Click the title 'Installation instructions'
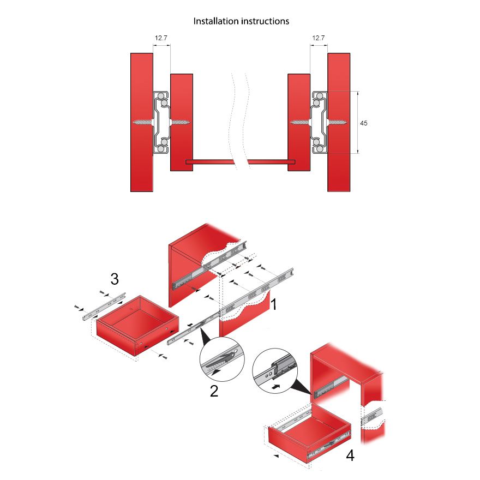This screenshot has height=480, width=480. (242, 21)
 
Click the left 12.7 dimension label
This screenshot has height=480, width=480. (161, 38)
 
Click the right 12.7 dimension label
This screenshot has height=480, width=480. (318, 38)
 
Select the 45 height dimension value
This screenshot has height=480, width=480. (364, 123)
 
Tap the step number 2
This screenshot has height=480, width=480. (214, 391)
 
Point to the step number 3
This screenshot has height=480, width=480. (115, 279)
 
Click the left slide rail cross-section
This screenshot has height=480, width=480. (161, 122)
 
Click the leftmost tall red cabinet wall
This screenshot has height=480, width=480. (142, 122)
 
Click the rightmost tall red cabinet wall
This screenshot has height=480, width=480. (338, 122)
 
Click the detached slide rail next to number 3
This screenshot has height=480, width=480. (104, 305)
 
